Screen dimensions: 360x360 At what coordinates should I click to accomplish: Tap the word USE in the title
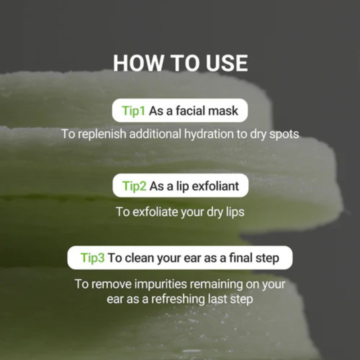point(227,63)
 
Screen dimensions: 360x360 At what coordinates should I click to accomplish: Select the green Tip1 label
point(134,111)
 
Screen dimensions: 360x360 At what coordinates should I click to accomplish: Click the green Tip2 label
point(134,186)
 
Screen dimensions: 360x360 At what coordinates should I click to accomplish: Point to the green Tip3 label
point(93,258)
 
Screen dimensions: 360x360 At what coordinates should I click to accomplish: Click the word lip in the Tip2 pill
point(183,186)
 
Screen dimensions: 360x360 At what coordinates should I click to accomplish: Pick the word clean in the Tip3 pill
point(140,258)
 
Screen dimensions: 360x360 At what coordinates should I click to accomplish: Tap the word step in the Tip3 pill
point(267,258)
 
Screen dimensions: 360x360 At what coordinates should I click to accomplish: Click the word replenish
point(102,134)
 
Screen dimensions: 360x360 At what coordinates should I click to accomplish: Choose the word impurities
point(161,284)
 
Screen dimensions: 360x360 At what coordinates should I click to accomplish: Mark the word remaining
point(216,284)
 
